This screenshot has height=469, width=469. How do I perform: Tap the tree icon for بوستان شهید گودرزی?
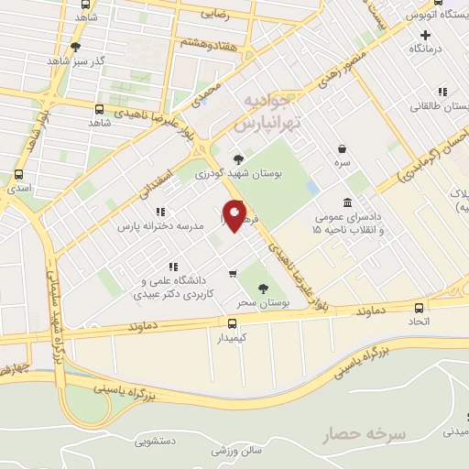coord(239,158)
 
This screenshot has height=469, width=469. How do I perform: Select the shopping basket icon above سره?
coord(343,148)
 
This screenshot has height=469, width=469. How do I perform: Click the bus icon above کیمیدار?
coord(232,323)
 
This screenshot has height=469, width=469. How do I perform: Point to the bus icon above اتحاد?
coord(417,309)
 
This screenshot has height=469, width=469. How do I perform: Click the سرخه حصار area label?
coord(364,433)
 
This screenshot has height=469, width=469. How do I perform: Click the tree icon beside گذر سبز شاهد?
coord(76,46)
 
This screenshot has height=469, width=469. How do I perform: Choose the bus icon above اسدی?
coord(19,174)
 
